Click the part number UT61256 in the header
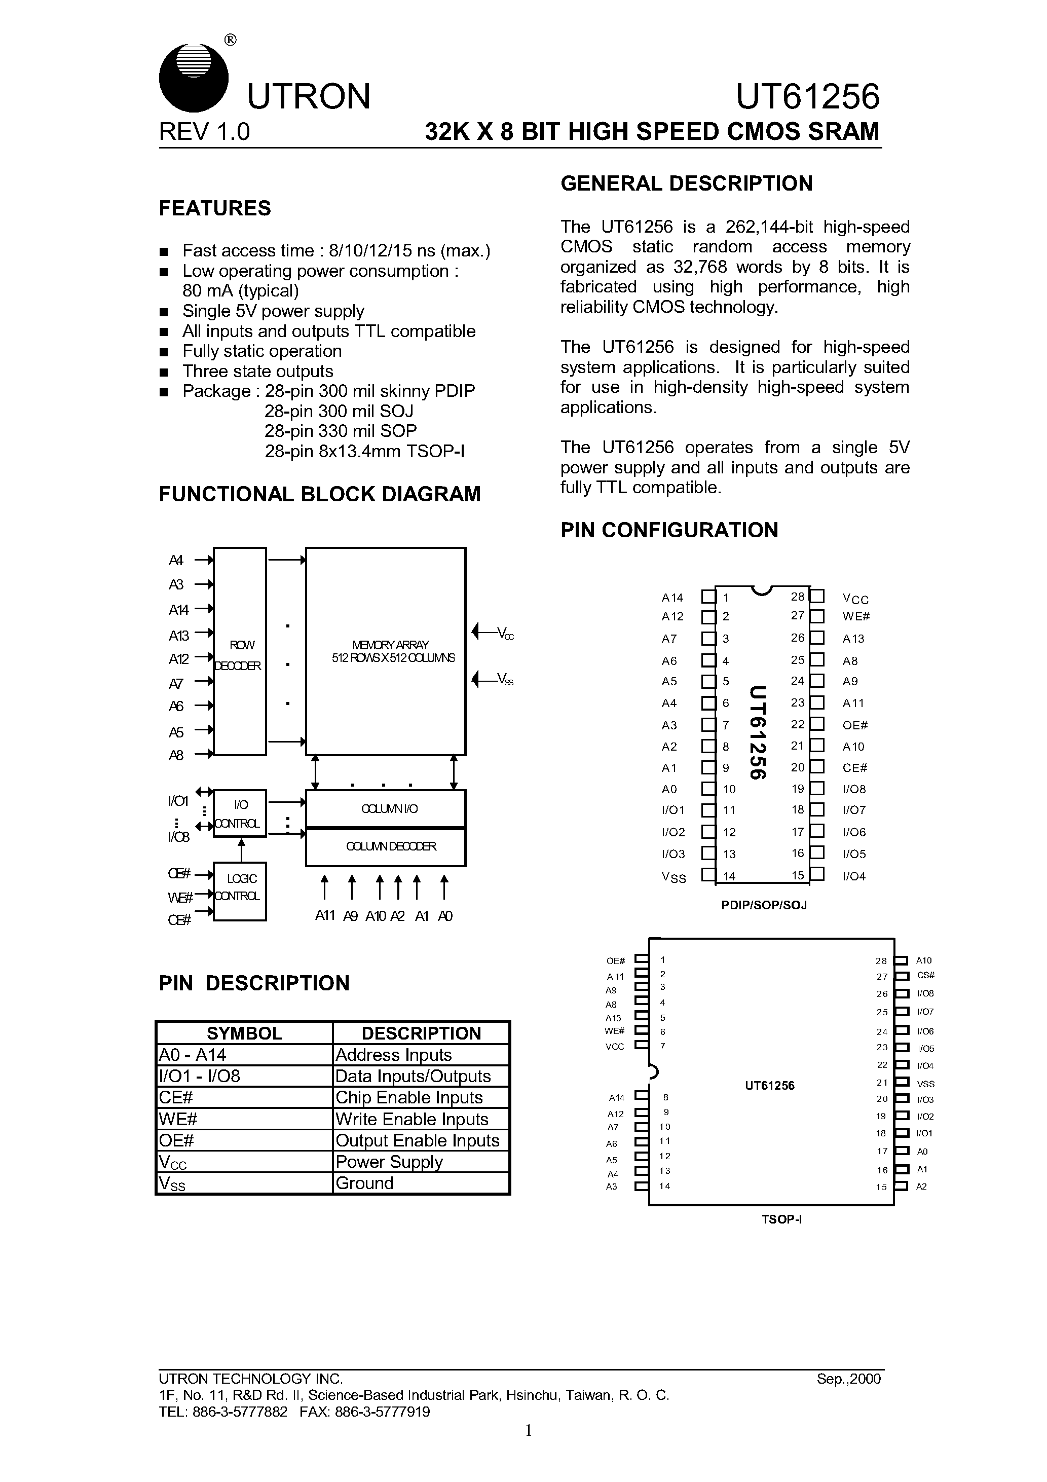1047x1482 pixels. [x=807, y=97]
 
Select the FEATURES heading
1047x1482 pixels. [x=215, y=208]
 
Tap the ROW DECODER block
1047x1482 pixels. [x=240, y=652]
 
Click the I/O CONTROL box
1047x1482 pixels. [x=240, y=813]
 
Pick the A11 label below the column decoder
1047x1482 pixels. [x=325, y=915]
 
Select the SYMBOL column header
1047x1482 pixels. [x=244, y=1033]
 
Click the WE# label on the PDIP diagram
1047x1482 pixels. [x=856, y=616]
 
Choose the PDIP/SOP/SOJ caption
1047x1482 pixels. [x=764, y=905]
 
